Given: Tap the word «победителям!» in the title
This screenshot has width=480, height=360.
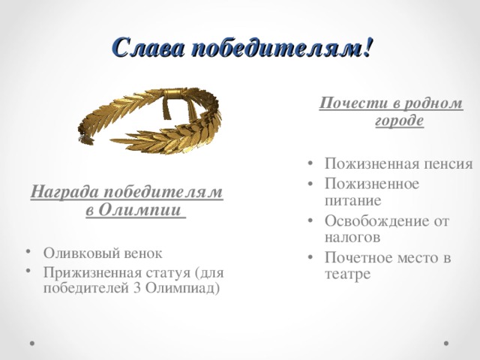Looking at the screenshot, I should [x=281, y=49].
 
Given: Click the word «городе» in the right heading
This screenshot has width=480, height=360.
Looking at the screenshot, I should [x=399, y=121].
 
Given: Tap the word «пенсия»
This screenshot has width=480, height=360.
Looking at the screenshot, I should [x=448, y=165].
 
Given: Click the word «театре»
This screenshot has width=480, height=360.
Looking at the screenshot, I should [x=348, y=274].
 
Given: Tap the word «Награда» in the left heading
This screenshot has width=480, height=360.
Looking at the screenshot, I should [x=63, y=193].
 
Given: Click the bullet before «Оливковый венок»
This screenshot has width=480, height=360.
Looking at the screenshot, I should [x=27, y=252].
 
